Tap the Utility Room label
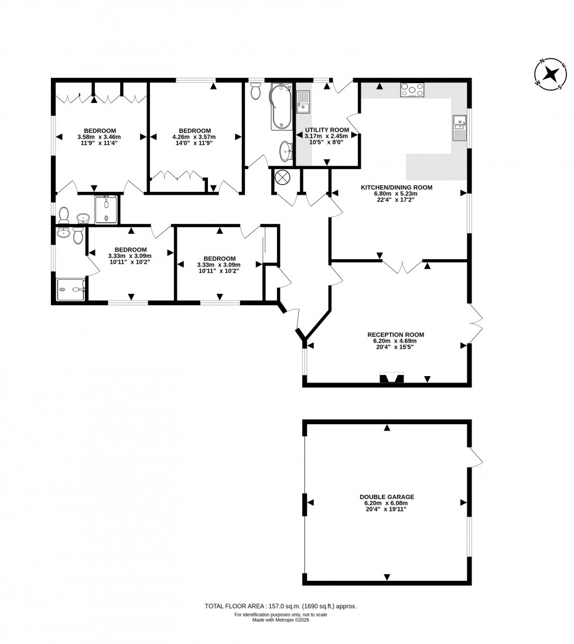[x=327, y=130]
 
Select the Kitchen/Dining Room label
[x=396, y=187]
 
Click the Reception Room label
[x=396, y=335]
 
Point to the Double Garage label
[x=387, y=497]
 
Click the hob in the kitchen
[x=412, y=91]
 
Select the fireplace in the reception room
[x=392, y=378]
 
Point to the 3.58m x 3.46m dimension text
[x=100, y=137]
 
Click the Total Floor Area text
[x=280, y=607]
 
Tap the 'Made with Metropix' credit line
[x=280, y=620]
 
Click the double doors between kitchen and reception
[x=402, y=266]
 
